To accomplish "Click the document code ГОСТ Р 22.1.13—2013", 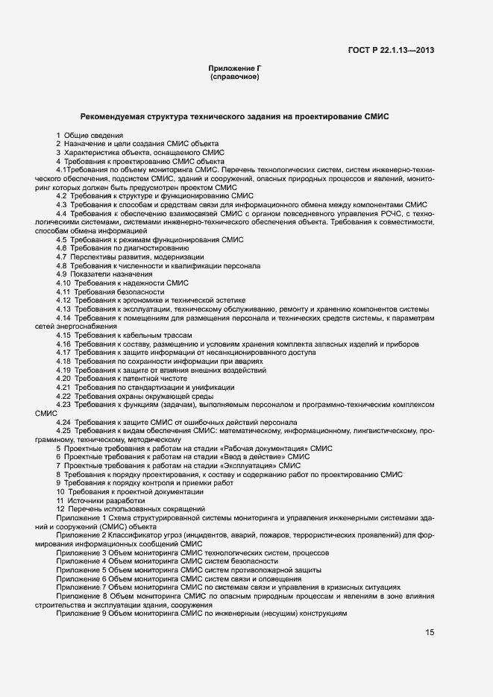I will coord(391,50).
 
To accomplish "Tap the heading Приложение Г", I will coord(234,69).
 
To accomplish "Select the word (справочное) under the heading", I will coord(234,77).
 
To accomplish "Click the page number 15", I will coord(430,632).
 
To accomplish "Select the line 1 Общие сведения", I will coord(90,135).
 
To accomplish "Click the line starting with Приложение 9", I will coord(201,613).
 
